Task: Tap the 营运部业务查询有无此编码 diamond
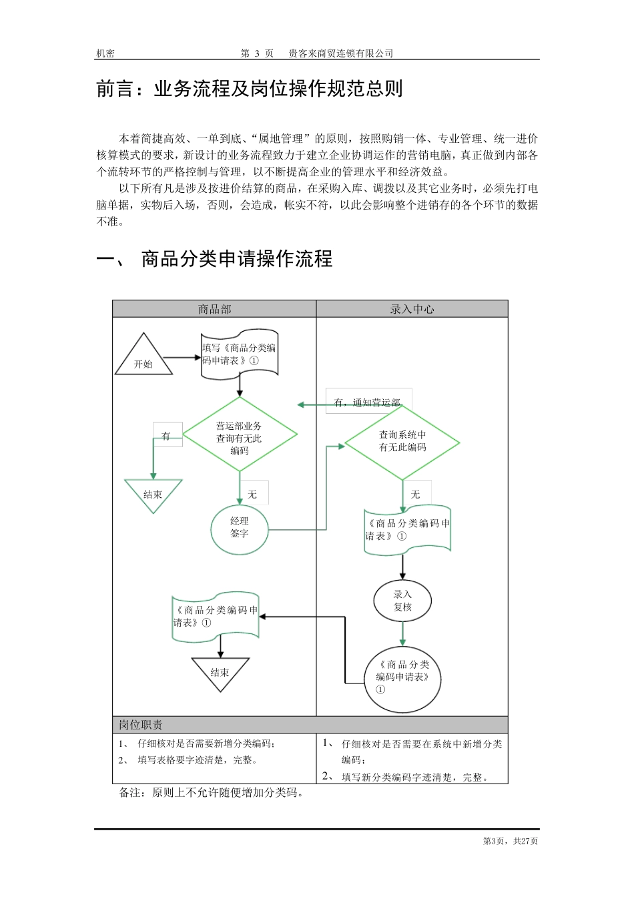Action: click(240, 437)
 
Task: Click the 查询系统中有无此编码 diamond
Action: click(402, 441)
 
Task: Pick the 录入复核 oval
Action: click(402, 601)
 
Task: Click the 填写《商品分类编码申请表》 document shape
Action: click(240, 354)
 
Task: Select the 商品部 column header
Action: click(214, 309)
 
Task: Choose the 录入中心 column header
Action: click(412, 309)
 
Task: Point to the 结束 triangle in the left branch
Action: click(153, 493)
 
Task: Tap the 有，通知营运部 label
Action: click(368, 402)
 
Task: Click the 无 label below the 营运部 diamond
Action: click(252, 494)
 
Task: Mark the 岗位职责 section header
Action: click(141, 725)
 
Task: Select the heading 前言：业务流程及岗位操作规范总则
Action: click(250, 89)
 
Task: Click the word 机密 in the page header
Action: click(105, 53)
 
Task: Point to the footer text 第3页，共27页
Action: click(511, 841)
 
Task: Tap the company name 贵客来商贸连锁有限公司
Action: click(341, 53)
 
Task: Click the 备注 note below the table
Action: click(212, 793)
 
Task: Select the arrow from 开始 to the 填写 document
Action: click(182, 358)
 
